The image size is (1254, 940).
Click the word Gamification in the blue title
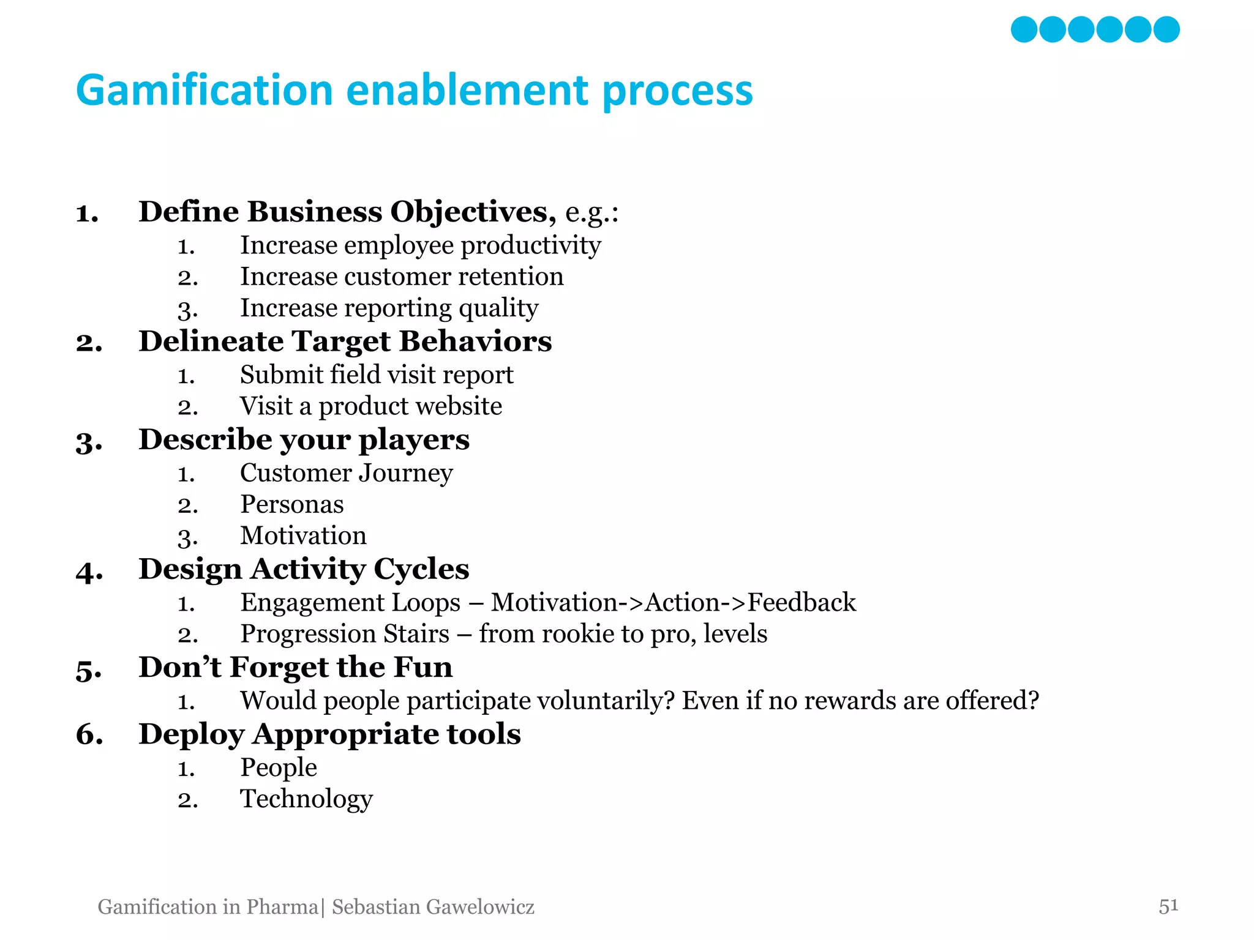coord(204,91)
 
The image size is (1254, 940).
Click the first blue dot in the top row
coord(1024,29)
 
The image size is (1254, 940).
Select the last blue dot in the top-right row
coord(1166,29)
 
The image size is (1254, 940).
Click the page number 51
coord(1168,905)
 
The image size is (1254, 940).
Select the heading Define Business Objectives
coord(347,212)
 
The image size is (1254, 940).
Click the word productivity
coord(530,245)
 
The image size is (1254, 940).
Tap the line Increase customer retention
coord(401,277)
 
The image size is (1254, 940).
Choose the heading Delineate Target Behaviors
coord(345,341)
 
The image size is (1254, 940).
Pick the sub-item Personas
coord(291,504)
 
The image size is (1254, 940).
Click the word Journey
coord(405,473)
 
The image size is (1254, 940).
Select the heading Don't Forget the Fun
coord(295,667)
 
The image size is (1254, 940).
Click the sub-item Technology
coord(306,799)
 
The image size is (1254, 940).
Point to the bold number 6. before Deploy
coord(89,734)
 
